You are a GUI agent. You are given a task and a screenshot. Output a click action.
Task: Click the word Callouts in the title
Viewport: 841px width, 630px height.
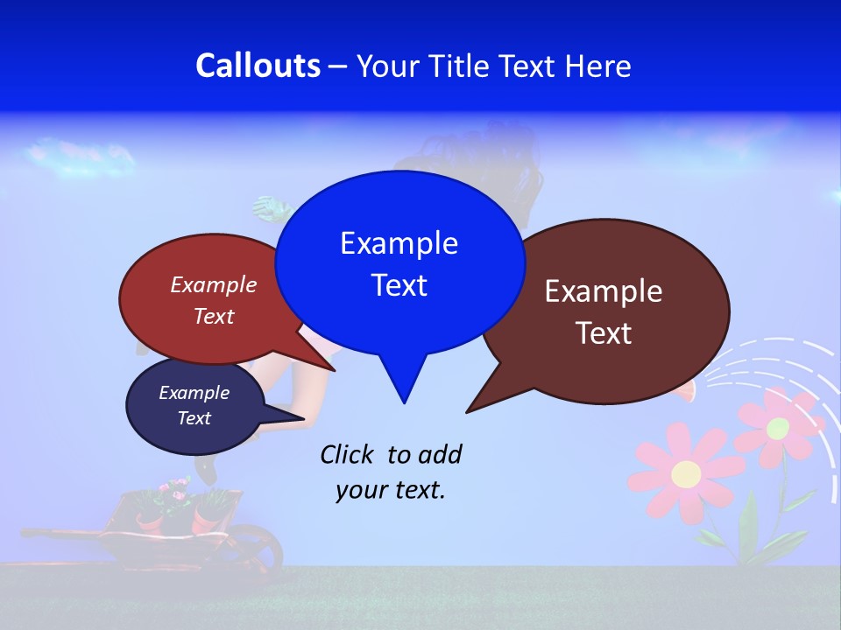[258, 66]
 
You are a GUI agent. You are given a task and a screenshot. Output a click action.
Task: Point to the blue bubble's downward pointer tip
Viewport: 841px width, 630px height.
[404, 402]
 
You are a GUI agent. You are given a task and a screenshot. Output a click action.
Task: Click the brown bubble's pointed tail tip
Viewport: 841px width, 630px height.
[467, 411]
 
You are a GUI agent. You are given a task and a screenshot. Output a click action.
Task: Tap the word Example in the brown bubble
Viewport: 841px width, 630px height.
[604, 291]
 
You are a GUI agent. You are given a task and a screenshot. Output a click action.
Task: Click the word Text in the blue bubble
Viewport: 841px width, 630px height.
[399, 285]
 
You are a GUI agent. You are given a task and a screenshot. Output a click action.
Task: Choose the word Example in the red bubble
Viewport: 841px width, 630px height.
[214, 284]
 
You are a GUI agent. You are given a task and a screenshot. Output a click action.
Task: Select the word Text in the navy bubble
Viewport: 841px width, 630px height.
[194, 418]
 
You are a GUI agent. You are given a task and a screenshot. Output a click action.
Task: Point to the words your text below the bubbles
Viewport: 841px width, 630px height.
[391, 490]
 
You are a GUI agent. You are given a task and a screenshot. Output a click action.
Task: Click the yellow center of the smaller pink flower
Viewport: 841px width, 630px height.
[778, 429]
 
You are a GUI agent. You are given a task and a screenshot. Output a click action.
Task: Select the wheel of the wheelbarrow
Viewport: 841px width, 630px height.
[259, 547]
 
